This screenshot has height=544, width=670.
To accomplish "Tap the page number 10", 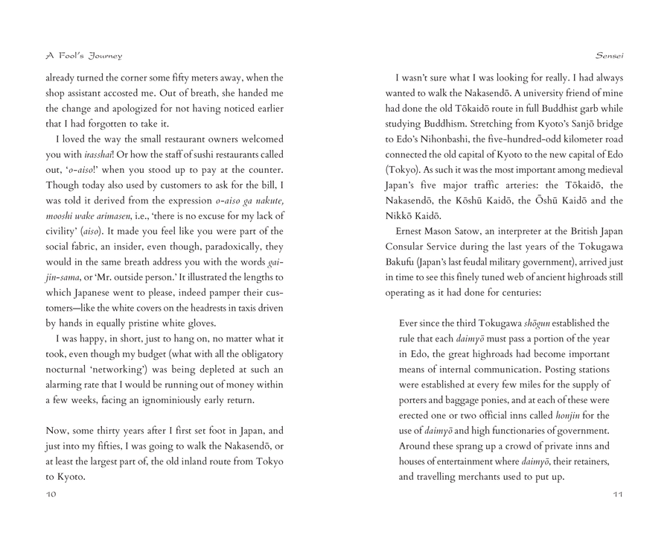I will click(x=51, y=493).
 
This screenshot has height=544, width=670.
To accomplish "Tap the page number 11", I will click(x=617, y=493).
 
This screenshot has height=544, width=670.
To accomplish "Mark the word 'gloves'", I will click(x=200, y=323).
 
